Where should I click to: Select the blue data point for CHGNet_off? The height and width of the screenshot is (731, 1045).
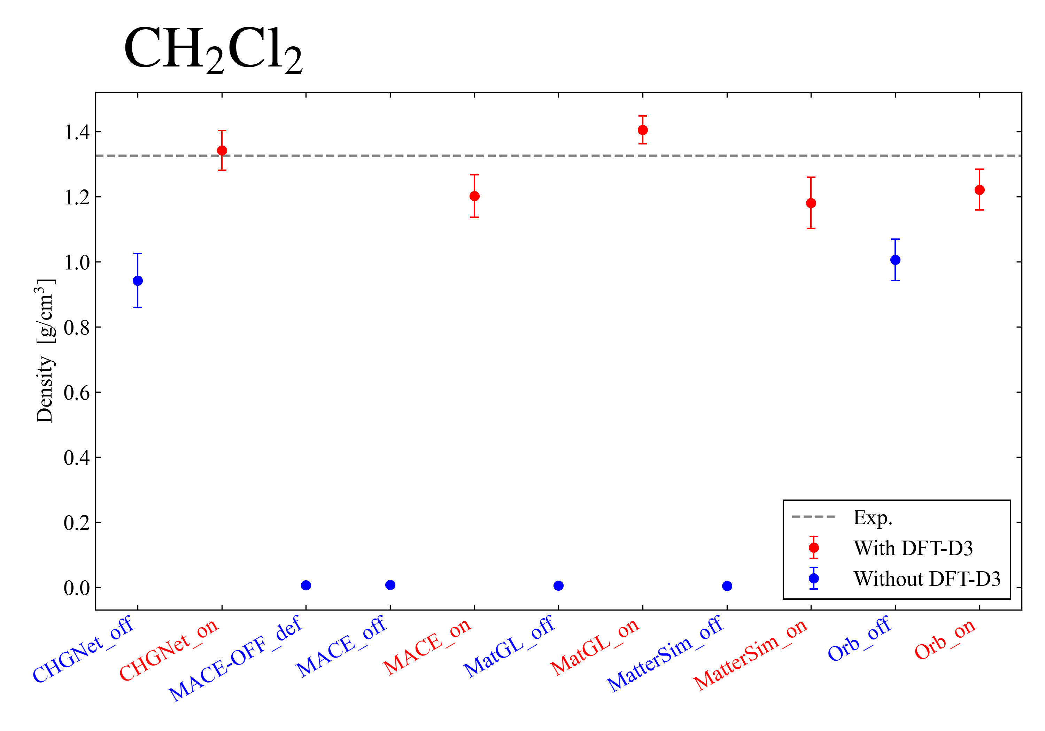[138, 281]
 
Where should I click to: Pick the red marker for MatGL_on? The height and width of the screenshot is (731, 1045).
[643, 130]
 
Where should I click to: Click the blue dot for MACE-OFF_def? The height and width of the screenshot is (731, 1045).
[306, 585]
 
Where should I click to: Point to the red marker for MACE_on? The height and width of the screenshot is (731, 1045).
[474, 196]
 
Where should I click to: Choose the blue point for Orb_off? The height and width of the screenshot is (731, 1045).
[895, 260]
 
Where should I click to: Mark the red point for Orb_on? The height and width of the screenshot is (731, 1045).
[980, 190]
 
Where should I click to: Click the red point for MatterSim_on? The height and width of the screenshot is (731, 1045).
[811, 203]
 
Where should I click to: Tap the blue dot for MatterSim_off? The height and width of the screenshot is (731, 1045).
[727, 586]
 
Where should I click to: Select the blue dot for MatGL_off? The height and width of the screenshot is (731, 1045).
[558, 585]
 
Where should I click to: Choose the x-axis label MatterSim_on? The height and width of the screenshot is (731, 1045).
[750, 655]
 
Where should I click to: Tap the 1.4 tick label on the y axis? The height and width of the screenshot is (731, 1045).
[77, 132]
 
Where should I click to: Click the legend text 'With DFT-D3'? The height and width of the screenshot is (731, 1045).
[913, 548]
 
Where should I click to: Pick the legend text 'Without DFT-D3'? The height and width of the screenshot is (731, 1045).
[927, 579]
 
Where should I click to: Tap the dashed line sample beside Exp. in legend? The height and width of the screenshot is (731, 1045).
[813, 517]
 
